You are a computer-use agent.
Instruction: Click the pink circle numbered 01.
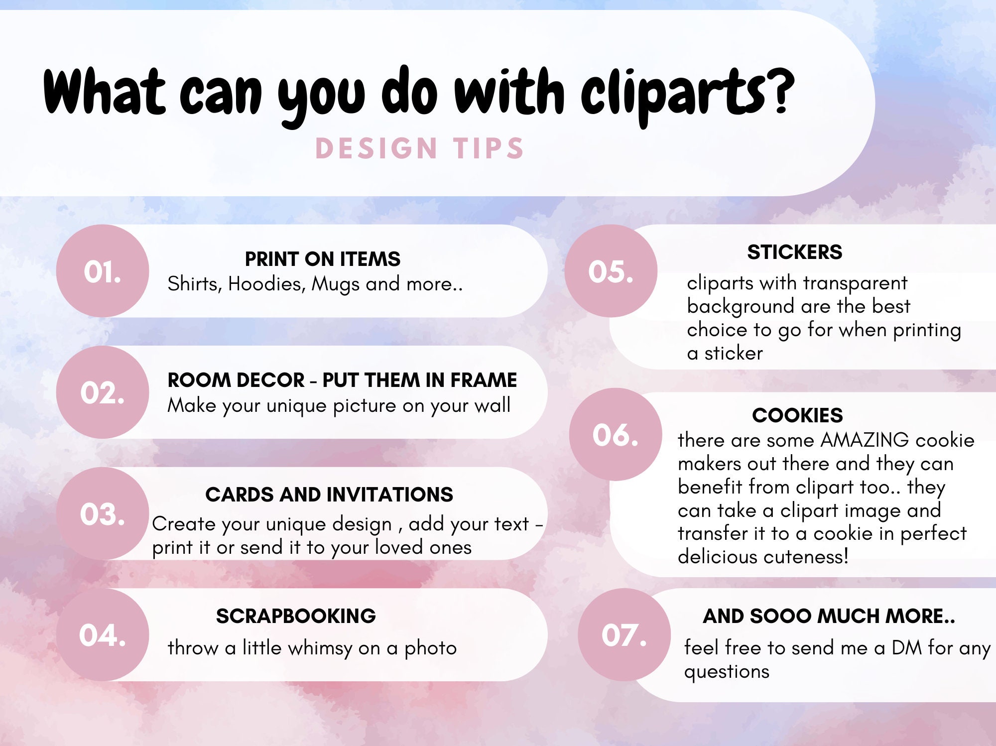[x=103, y=271]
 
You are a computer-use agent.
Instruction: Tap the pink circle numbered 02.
[x=103, y=392]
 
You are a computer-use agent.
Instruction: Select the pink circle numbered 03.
[x=103, y=513]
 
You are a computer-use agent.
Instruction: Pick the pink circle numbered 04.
[x=103, y=635]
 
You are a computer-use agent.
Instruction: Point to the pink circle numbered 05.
[x=611, y=271]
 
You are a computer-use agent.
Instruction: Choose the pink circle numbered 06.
[x=616, y=434]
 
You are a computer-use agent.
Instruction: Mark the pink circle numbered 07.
[x=624, y=635]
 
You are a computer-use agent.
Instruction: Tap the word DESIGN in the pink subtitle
[x=376, y=148]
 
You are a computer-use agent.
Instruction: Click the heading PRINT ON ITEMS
[x=323, y=259]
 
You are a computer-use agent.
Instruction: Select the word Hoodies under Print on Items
[x=266, y=284]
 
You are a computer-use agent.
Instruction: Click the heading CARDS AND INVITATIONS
[x=329, y=495]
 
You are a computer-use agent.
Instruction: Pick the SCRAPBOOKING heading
[x=296, y=616]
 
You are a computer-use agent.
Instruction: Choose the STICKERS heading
[x=795, y=252]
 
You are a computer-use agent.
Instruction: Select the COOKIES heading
[x=797, y=415]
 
